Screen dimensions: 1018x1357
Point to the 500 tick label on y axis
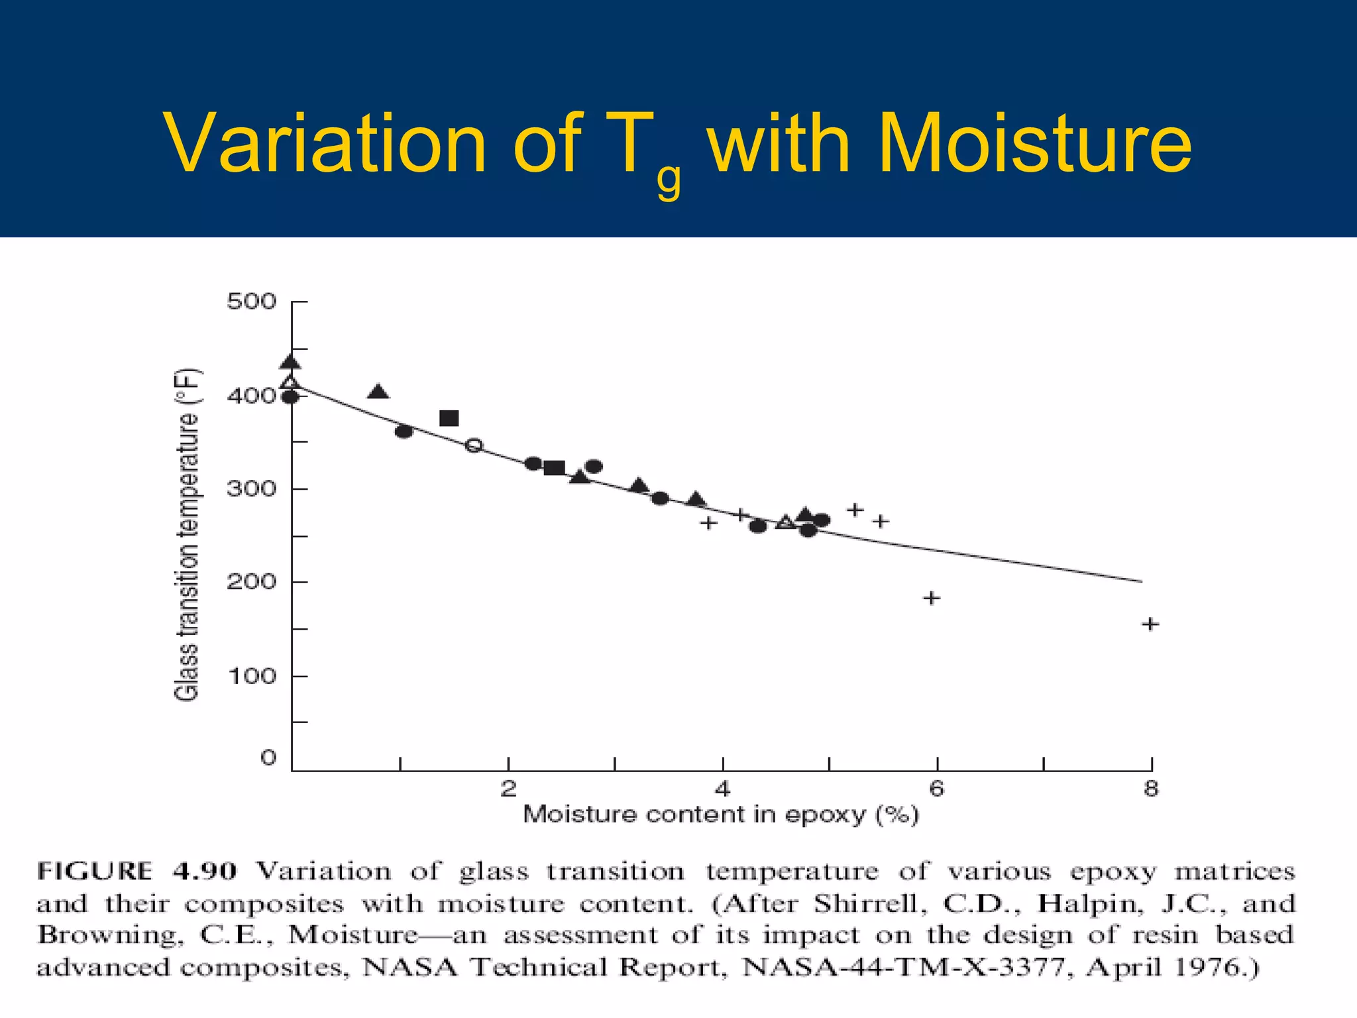pos(251,302)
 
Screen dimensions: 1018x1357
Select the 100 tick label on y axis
pos(251,677)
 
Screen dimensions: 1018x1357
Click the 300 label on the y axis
pos(251,489)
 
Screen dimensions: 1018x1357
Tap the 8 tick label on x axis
pos(1151,789)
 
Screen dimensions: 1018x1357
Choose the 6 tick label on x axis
pos(936,789)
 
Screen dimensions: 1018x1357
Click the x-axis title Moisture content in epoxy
pos(721,815)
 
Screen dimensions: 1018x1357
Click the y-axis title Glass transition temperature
pos(187,534)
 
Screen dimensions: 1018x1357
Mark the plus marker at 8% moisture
pos(1150,624)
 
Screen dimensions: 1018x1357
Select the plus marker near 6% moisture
pos(932,598)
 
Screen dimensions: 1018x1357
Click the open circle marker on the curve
pos(474,445)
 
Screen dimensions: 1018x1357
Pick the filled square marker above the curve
pos(449,418)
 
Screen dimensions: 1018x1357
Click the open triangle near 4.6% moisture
pos(786,522)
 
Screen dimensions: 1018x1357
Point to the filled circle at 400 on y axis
pos(290,398)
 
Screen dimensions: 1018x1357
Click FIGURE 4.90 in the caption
pos(136,871)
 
